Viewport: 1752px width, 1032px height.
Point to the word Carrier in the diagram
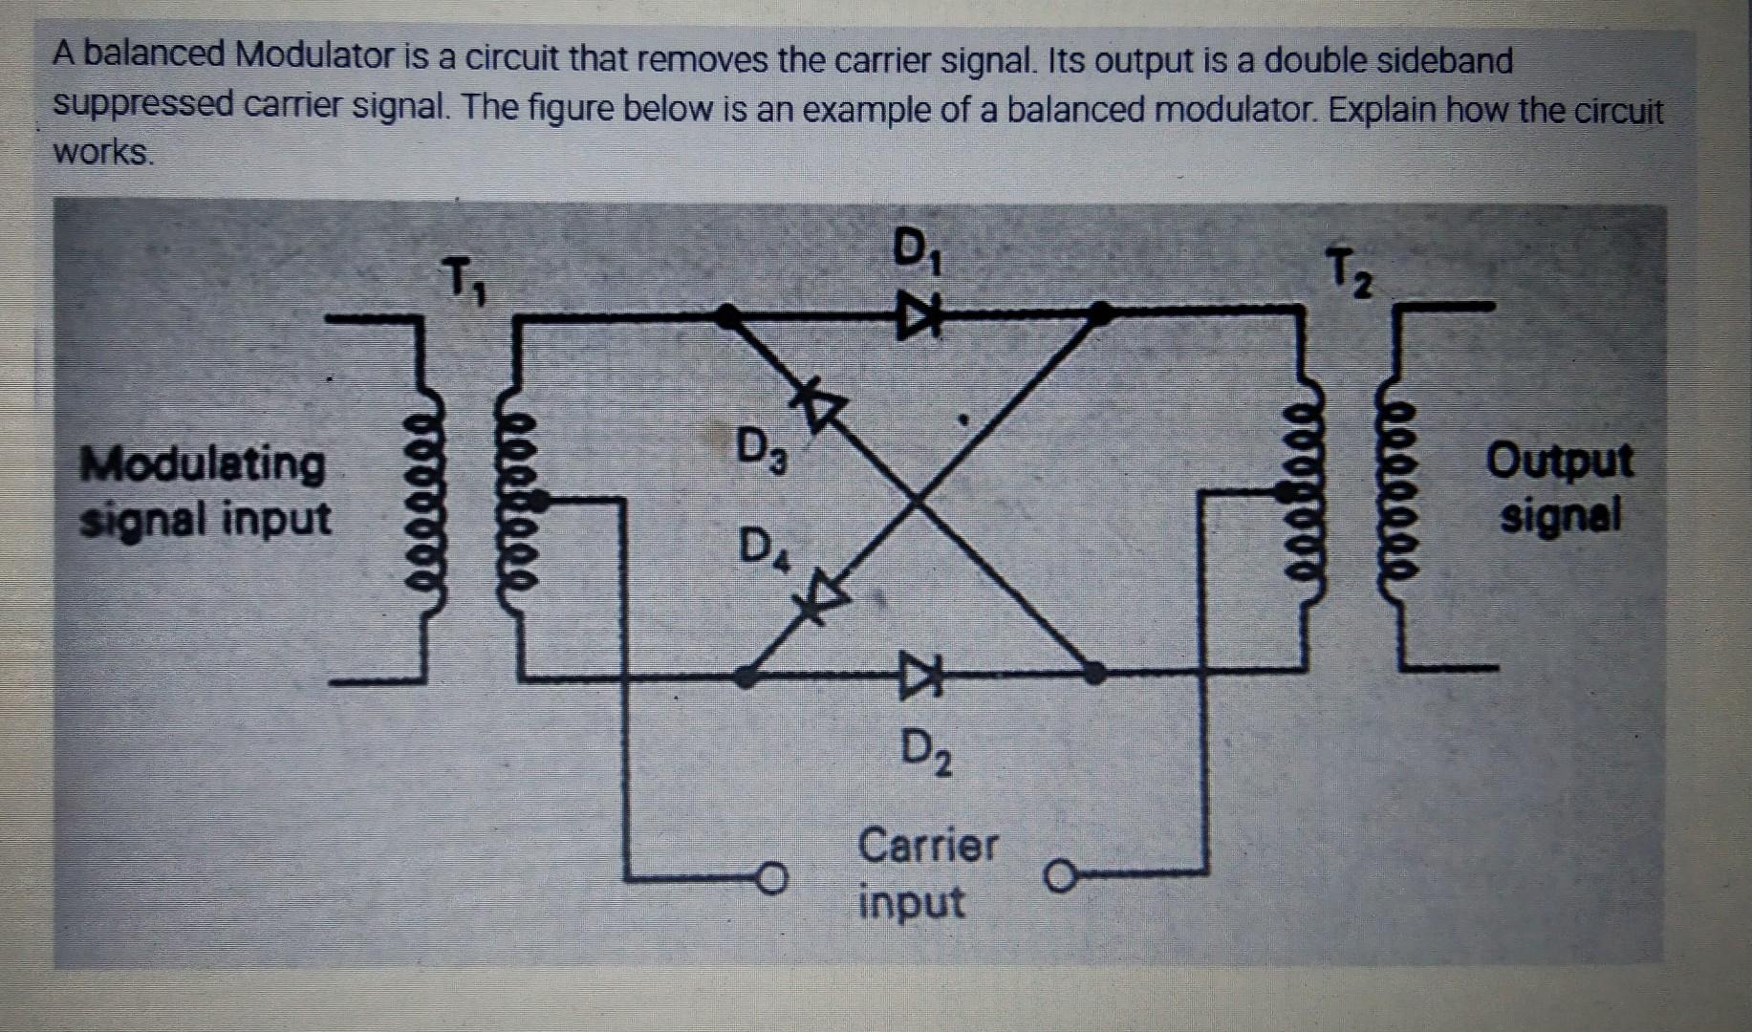(x=927, y=845)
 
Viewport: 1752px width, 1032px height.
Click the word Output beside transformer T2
(x=1559, y=462)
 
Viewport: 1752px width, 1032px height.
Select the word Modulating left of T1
(x=203, y=464)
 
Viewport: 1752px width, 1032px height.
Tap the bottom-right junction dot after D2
(x=1096, y=673)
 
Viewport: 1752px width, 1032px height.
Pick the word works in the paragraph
(x=102, y=152)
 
